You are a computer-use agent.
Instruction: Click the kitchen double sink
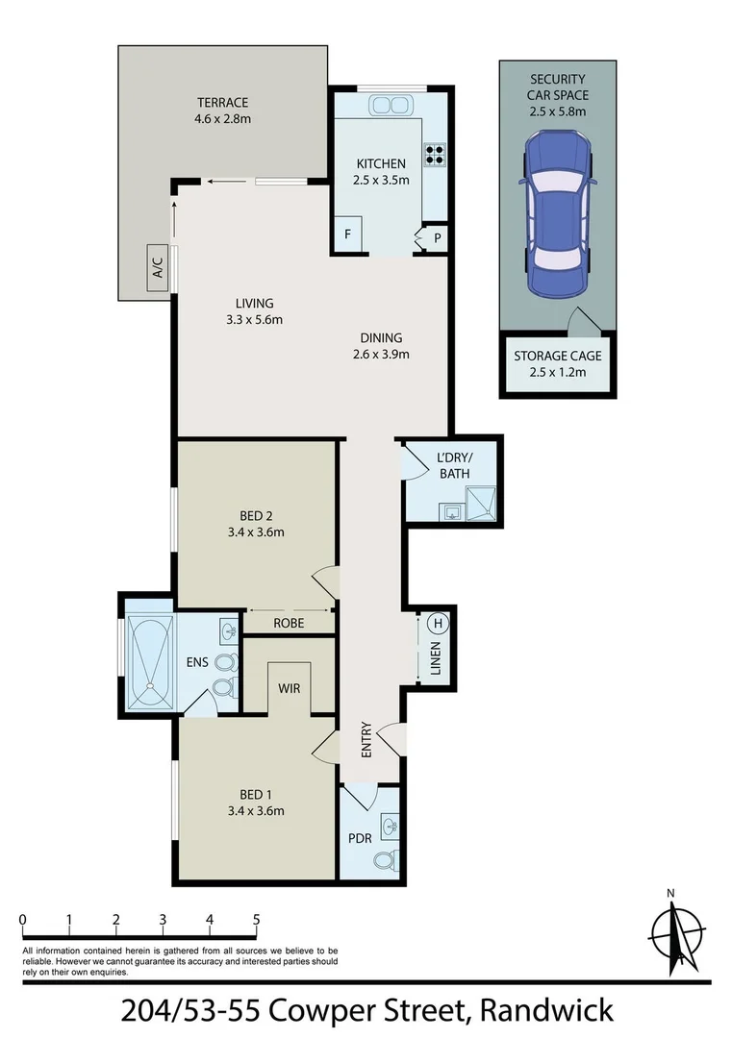(x=391, y=106)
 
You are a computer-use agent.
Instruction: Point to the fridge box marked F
(x=348, y=235)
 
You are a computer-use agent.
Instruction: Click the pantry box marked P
(x=437, y=237)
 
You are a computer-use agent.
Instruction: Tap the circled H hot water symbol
(x=438, y=623)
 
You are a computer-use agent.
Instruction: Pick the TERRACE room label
(x=223, y=103)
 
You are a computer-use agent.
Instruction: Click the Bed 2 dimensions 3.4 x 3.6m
(x=255, y=531)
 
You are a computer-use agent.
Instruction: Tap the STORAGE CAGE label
(x=557, y=356)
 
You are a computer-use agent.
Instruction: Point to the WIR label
(x=290, y=689)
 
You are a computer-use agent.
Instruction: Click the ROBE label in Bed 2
(x=289, y=623)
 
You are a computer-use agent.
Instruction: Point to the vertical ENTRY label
(x=366, y=740)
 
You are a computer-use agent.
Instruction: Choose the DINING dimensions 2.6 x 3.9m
(x=381, y=354)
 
